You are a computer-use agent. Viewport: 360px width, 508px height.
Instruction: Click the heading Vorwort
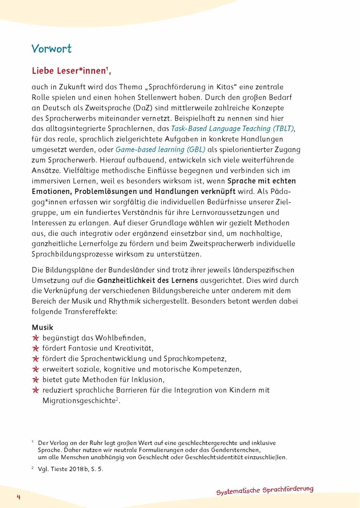coord(51,49)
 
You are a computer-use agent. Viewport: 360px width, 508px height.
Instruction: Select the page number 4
coord(18,496)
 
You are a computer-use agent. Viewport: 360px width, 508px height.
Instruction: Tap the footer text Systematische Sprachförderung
coord(265,490)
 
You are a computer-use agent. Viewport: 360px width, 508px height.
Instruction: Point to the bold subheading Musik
coord(42,328)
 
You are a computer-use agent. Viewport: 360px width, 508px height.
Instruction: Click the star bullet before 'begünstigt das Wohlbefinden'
coord(36,338)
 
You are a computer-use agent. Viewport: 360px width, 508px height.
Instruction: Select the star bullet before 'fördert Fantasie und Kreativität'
coord(36,348)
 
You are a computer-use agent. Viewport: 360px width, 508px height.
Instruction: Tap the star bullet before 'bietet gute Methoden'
coord(36,379)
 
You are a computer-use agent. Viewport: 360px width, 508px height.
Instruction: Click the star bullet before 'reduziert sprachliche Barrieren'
coord(36,390)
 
